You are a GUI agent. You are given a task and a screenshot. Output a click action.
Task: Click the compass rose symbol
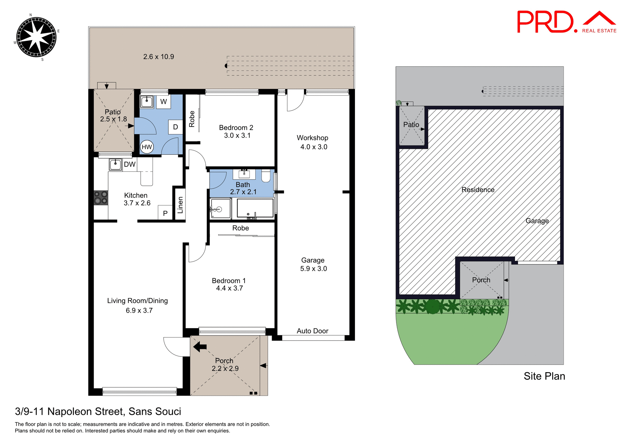point(36,37)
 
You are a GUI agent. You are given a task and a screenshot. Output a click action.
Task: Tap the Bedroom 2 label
point(236,128)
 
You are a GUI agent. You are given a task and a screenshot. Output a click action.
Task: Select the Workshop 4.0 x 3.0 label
point(313,142)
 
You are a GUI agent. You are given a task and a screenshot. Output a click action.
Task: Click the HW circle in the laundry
point(147,147)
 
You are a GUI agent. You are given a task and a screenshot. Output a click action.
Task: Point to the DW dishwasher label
point(130,165)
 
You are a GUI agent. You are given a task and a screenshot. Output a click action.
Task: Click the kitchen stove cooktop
point(101,198)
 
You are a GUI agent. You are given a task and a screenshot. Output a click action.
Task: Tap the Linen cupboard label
point(180,205)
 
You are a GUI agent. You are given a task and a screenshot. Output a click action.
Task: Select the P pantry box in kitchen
point(165,213)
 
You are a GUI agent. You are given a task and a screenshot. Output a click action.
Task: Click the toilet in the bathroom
point(266,176)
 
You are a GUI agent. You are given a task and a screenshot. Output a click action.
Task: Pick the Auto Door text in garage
point(313,331)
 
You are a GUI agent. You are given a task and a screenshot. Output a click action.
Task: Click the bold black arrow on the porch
point(200,347)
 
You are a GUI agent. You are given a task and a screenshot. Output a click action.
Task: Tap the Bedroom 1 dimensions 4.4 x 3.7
point(229,288)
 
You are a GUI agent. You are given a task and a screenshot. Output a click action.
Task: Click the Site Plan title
point(544,376)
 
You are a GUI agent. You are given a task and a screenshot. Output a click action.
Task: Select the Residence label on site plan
point(478,190)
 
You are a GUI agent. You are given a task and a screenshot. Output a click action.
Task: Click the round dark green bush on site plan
point(433,307)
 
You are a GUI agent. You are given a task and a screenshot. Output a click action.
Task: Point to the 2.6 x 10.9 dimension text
point(158,57)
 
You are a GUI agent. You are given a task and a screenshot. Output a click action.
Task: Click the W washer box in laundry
point(164,102)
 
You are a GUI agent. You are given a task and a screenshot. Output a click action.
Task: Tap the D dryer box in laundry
point(175,127)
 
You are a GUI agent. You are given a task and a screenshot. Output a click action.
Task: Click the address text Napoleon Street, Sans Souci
point(98,411)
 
